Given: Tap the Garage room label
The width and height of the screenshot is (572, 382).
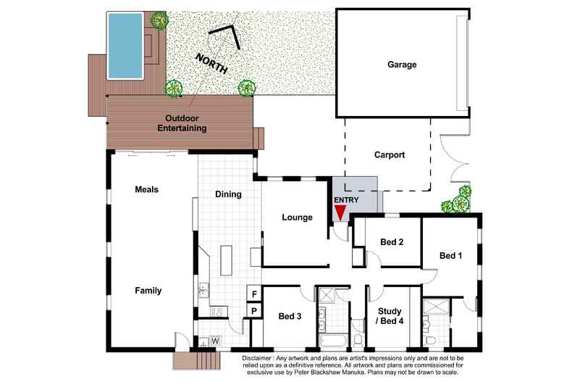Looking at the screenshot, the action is [402, 65].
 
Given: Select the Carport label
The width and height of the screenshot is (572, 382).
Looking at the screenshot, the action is [390, 155].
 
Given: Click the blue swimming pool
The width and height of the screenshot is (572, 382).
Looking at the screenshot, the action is [125, 46].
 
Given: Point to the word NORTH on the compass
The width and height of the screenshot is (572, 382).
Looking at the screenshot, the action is [212, 63].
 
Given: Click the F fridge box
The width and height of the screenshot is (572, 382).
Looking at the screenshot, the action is [254, 294].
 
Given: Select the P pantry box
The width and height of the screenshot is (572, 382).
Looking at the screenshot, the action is [254, 311].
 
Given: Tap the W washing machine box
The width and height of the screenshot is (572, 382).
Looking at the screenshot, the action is [216, 341].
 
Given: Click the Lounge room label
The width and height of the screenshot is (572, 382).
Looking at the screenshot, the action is [297, 217].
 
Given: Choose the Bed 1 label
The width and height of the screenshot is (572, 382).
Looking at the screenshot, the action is [450, 256].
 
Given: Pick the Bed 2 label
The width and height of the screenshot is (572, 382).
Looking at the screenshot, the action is [392, 242].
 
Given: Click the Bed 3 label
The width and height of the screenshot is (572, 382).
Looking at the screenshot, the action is [290, 316].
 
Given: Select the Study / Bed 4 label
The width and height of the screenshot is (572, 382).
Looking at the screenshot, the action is [390, 316].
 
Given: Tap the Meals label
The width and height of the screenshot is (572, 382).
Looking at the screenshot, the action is [147, 189].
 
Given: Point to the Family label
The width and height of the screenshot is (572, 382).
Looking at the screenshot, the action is [148, 291].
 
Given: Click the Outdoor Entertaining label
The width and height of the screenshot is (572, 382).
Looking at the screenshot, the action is [182, 123].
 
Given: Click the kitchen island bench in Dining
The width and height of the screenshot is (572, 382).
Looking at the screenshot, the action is [226, 260].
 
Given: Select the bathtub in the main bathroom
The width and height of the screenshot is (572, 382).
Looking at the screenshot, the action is [335, 342].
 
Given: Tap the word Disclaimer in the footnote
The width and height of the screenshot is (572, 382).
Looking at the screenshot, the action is [256, 358].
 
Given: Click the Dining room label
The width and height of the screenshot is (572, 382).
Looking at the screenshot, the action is [228, 194].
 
